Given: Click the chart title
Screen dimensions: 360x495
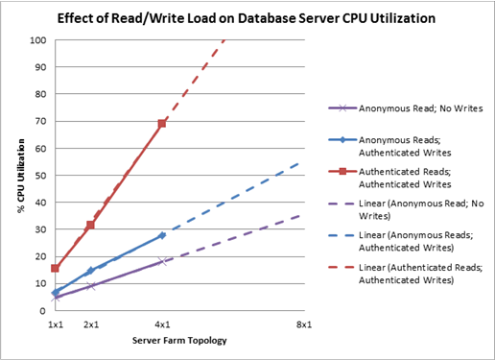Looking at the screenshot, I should coord(247,18).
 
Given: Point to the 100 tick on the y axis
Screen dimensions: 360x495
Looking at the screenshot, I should coord(37,40).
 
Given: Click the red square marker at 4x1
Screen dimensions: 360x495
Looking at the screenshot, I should coord(162,124).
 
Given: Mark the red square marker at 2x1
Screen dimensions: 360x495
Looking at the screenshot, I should coord(91,225).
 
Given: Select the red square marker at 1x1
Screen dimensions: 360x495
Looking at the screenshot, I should coord(56,269).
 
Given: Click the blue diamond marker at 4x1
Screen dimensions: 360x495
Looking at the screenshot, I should coord(162,235).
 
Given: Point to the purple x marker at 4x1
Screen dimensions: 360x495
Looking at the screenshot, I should coord(162,261).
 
